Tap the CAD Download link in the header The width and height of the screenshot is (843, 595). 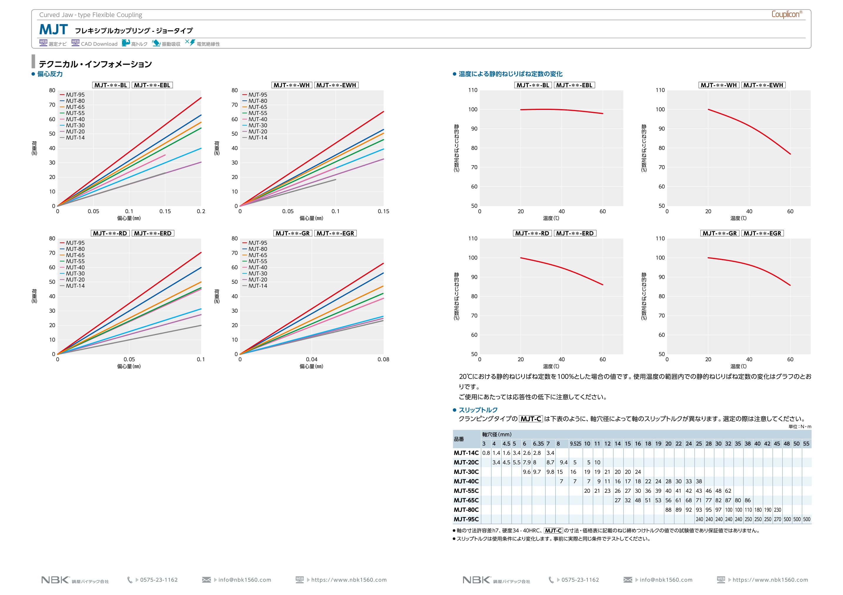click(x=99, y=44)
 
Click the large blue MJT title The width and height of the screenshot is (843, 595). click(x=53, y=29)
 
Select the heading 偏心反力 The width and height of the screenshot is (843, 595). click(x=50, y=74)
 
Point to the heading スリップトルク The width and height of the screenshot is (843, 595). click(x=478, y=410)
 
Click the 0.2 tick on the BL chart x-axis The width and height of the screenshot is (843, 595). click(x=201, y=211)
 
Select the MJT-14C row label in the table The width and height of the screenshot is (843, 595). click(x=466, y=453)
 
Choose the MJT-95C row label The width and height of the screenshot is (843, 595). click(x=466, y=519)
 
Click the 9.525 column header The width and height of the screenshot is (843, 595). click(x=575, y=444)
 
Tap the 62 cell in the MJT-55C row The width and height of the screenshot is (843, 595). click(x=728, y=491)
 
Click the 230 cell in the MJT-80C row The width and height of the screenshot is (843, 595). click(x=777, y=510)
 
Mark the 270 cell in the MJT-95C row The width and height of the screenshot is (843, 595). click(x=777, y=519)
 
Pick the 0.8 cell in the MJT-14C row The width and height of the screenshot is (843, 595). click(x=486, y=453)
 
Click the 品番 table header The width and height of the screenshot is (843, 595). click(x=459, y=439)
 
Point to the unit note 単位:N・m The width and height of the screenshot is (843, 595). click(x=800, y=427)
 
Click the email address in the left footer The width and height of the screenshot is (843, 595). click(x=245, y=580)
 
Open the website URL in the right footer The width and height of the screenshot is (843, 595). click(x=770, y=580)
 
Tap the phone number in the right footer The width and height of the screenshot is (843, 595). click(x=580, y=580)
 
